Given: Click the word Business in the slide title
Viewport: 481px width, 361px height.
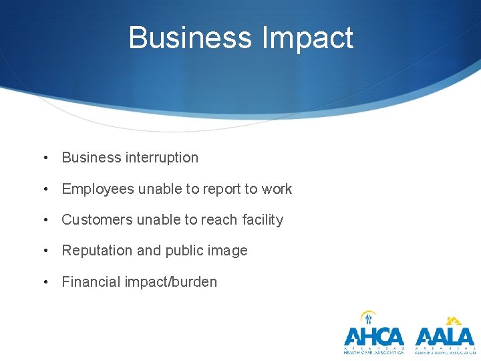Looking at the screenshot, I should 190,37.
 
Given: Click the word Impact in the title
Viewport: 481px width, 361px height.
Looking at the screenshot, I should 307,39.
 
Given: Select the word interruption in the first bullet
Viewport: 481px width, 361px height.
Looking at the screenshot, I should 161,158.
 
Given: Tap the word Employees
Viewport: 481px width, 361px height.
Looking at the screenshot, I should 98,189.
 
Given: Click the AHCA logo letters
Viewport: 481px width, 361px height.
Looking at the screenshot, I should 374,336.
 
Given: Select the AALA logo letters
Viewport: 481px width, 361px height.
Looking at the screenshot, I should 444,336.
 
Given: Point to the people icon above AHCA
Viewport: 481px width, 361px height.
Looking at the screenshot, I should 369,318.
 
